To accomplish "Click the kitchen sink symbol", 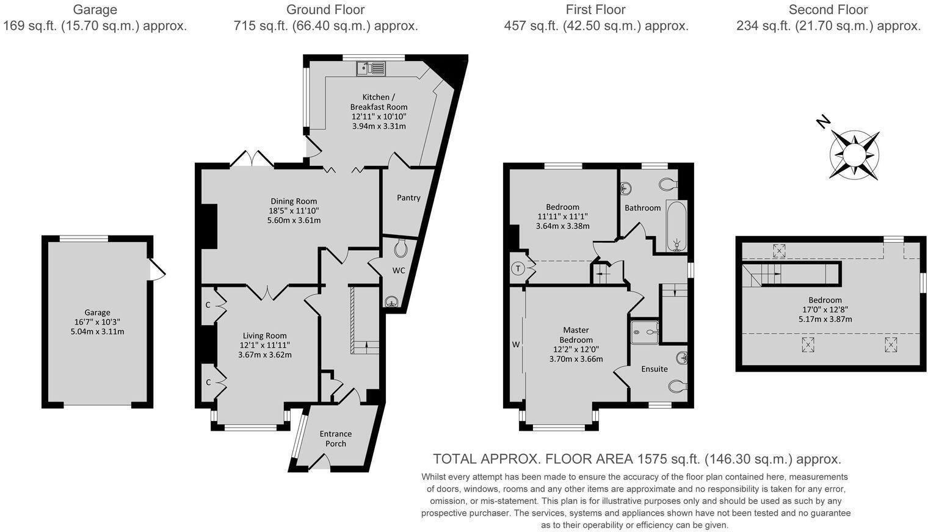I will (371, 68).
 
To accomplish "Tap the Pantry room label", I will (408, 198).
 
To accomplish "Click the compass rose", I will (854, 155).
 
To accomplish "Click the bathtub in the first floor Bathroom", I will (676, 226).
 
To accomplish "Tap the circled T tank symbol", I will (518, 268).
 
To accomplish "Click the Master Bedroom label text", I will (576, 334).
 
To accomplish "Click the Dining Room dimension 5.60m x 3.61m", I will (294, 220).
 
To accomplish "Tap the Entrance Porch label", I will (336, 439).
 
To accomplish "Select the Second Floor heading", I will (828, 10).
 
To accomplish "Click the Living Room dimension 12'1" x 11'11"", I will (264, 345).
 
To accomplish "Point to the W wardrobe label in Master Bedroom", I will (516, 345).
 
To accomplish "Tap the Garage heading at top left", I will (95, 10).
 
